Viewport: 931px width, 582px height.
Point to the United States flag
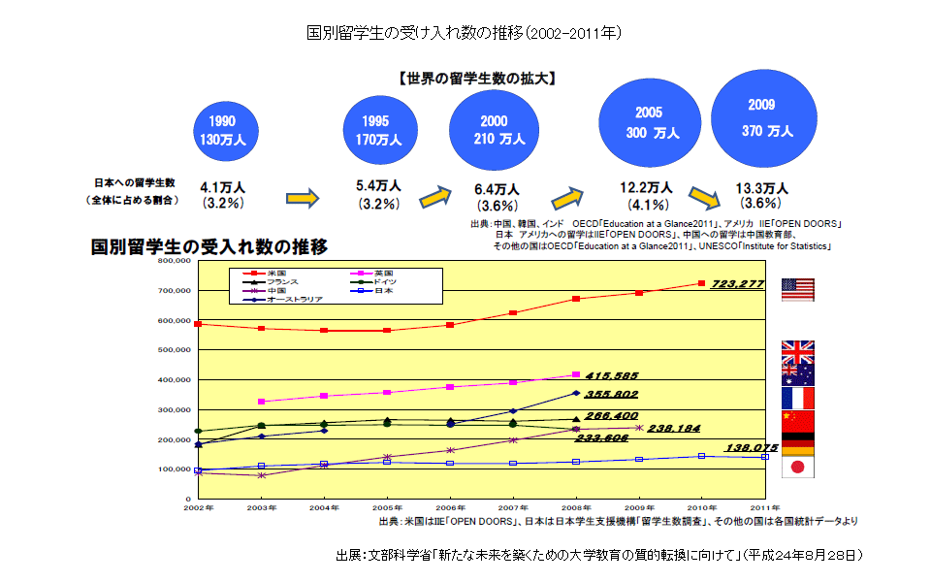pos(797,288)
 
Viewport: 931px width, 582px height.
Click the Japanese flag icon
pos(797,467)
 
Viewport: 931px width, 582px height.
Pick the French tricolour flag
pos(797,398)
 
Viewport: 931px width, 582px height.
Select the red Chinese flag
pos(797,420)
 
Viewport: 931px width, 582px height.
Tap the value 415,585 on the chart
pos(612,375)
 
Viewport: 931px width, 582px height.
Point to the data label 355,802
pos(612,395)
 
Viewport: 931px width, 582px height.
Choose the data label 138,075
pos(752,448)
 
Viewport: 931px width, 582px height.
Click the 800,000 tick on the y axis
pos(176,261)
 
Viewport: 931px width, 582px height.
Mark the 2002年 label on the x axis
pos(198,507)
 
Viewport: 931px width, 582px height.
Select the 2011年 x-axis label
pos(765,507)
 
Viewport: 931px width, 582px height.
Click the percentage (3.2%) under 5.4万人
pos(378,205)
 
